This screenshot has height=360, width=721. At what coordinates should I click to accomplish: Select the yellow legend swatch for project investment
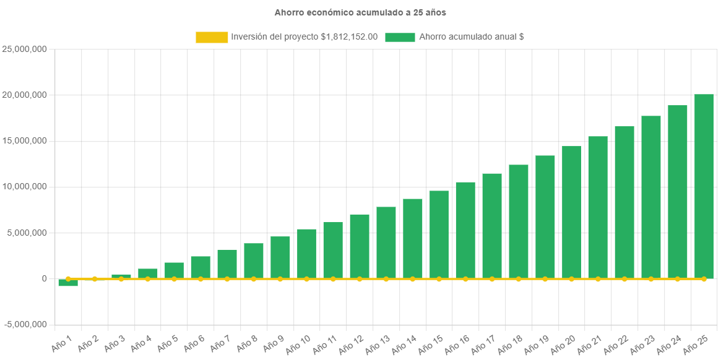(x=212, y=37)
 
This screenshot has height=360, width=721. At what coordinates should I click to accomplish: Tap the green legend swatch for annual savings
(x=400, y=37)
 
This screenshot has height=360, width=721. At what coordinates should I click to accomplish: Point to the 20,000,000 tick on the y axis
(x=26, y=95)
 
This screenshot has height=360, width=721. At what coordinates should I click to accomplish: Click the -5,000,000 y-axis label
(x=26, y=325)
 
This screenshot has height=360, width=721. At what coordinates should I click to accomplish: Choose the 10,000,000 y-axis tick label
(x=26, y=187)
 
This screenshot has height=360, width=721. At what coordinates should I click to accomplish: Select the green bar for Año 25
(x=704, y=186)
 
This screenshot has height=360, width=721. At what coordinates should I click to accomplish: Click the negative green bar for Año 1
(x=68, y=283)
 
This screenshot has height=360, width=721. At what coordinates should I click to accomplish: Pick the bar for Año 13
(x=386, y=242)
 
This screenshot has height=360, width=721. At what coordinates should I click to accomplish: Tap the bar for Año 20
(x=571, y=212)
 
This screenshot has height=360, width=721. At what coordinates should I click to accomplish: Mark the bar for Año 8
(x=254, y=260)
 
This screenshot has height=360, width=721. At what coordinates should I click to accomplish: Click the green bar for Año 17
(x=492, y=226)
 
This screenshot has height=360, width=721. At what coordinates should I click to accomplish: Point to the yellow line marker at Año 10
(x=306, y=279)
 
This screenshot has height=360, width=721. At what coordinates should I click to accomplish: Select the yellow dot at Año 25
(x=704, y=279)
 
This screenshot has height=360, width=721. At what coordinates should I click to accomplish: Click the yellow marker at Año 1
(x=68, y=279)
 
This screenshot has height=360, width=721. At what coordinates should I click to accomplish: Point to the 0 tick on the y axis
(x=44, y=279)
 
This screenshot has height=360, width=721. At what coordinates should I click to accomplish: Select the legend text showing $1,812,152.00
(x=304, y=37)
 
